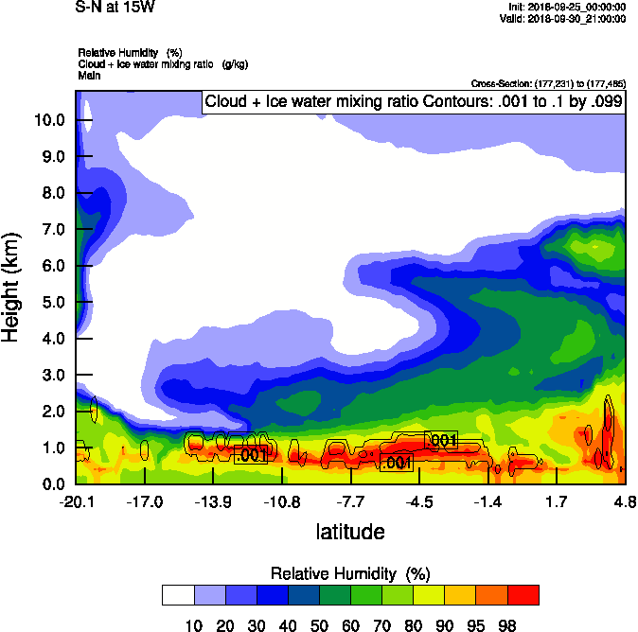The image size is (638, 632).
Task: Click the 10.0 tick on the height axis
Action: click(x=49, y=120)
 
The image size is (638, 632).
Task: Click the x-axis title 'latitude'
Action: click(x=350, y=532)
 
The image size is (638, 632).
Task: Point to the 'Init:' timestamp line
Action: click(x=566, y=7)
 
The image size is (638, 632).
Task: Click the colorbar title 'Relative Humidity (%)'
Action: click(x=350, y=574)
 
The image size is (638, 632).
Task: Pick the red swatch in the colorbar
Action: click(x=523, y=595)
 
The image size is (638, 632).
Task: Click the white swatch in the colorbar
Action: click(x=177, y=595)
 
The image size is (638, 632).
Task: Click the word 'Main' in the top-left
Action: click(x=90, y=74)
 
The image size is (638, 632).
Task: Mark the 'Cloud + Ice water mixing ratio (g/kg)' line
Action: click(x=156, y=63)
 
